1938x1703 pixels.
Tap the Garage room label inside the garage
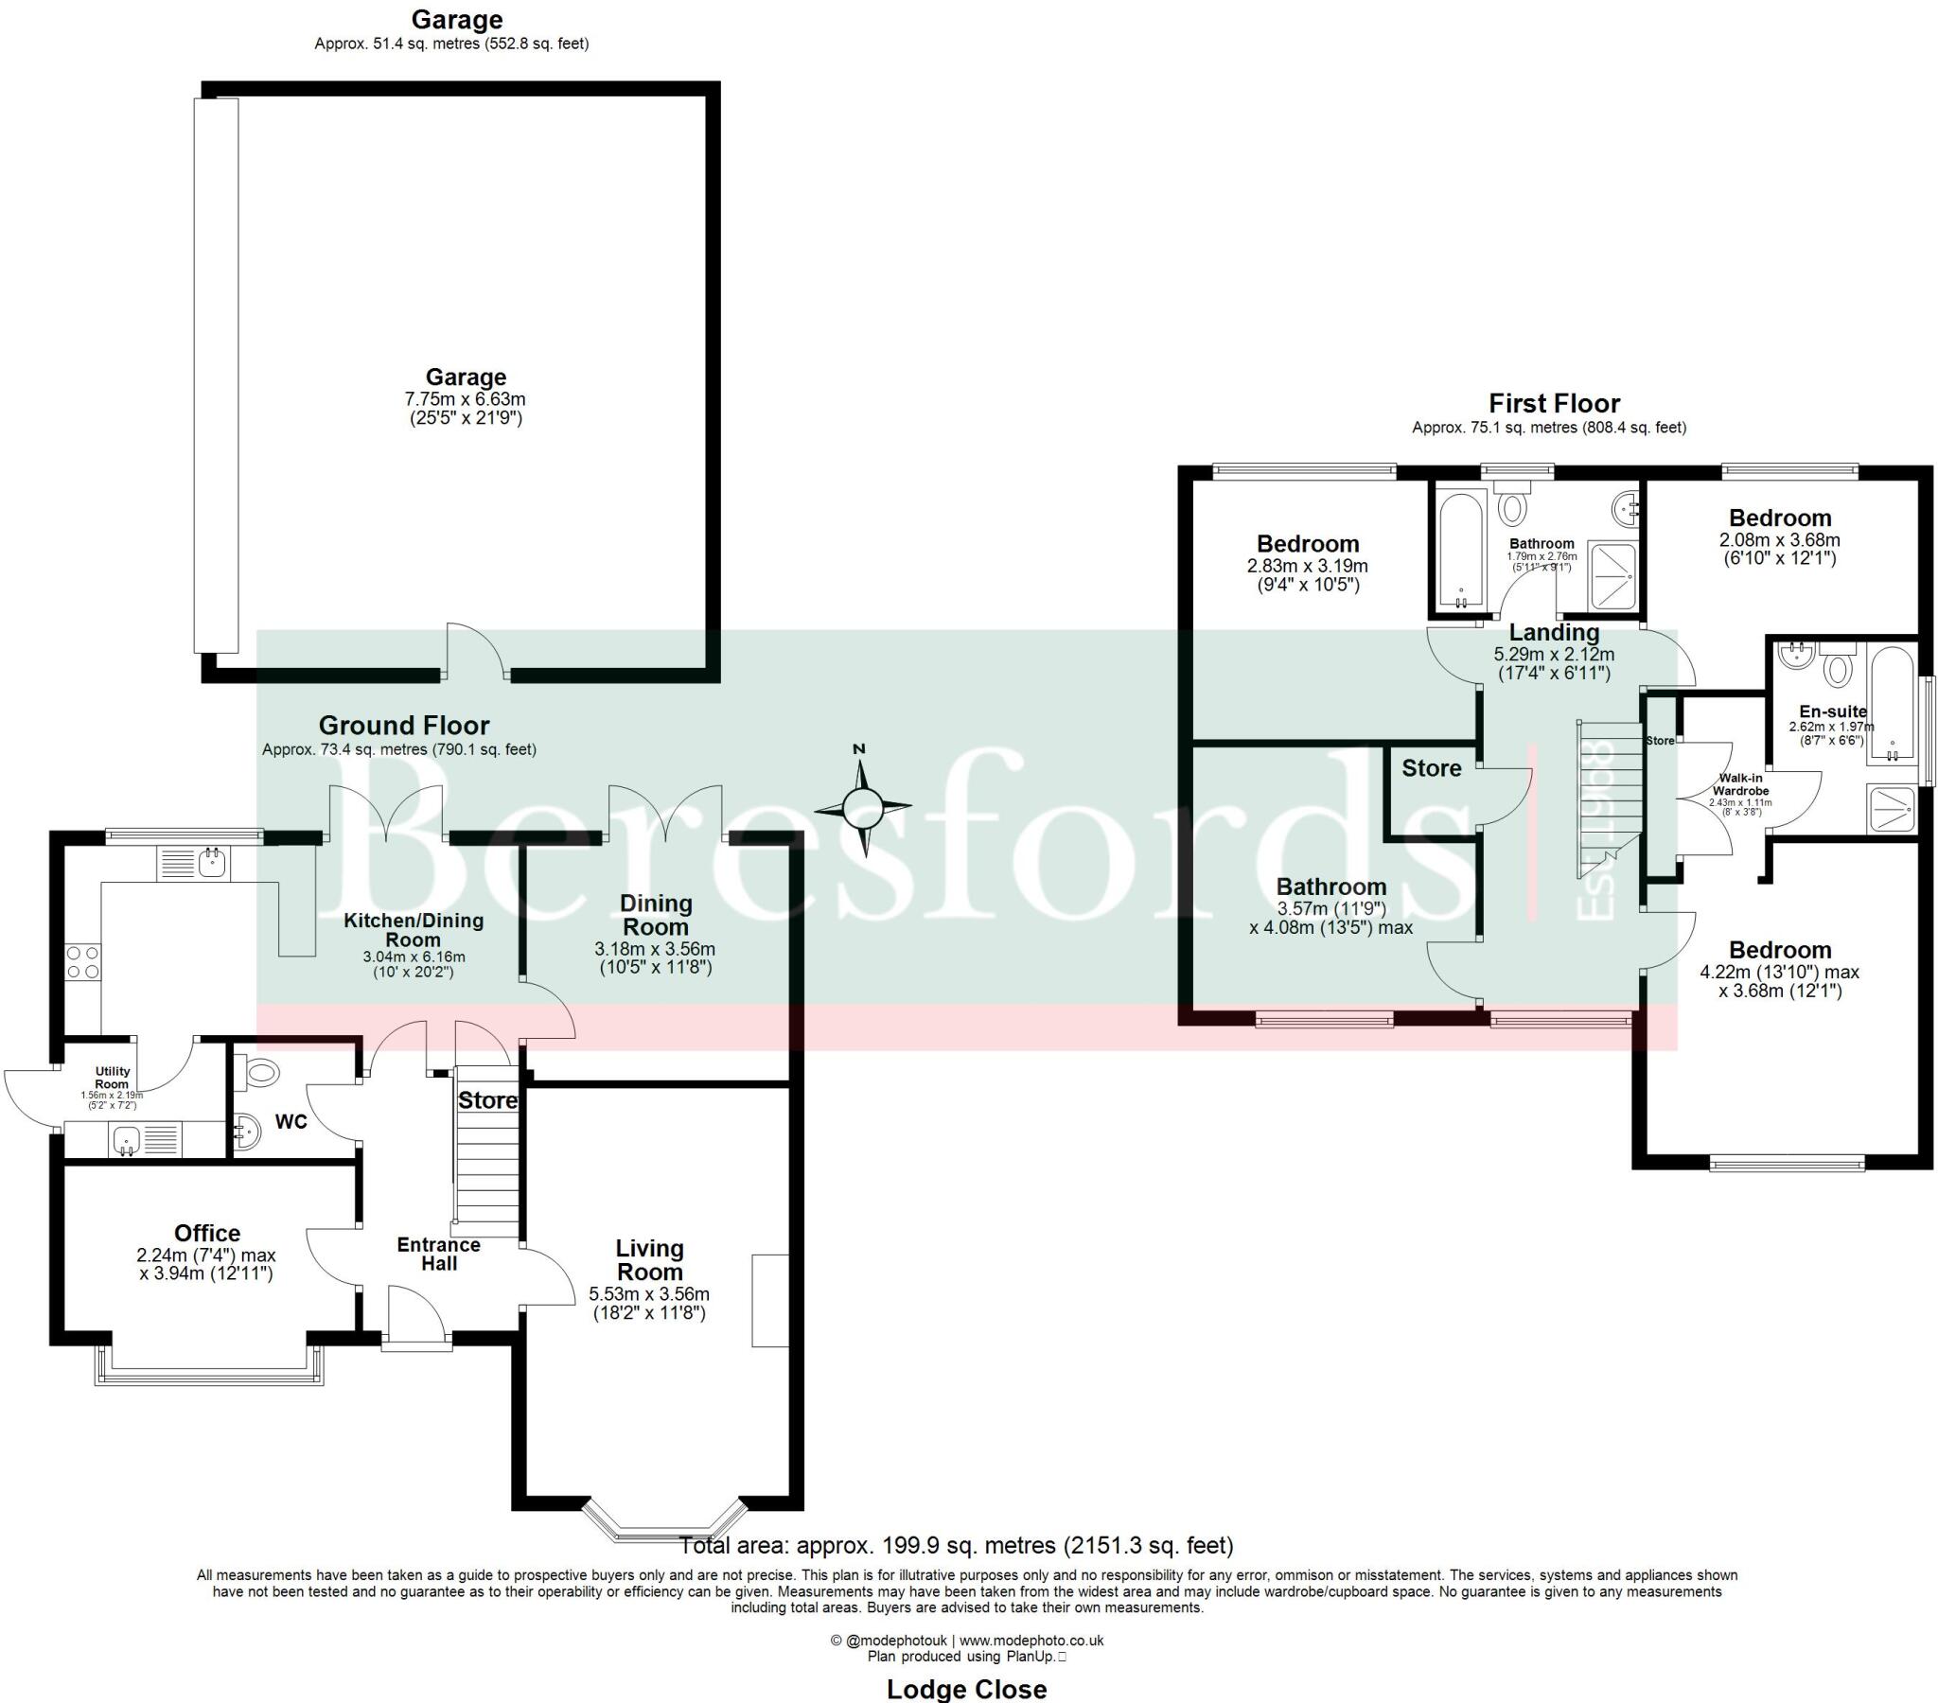click(465, 377)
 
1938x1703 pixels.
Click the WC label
click(291, 1122)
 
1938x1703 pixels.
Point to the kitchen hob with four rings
click(82, 962)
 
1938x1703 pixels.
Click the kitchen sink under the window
click(210, 863)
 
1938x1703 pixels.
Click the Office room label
click(206, 1233)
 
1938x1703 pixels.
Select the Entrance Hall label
click(438, 1254)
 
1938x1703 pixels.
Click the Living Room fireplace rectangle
click(770, 1300)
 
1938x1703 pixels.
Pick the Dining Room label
click(655, 915)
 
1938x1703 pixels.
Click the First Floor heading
click(1554, 403)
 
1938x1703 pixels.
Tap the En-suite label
click(1833, 711)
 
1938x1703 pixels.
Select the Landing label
click(1554, 632)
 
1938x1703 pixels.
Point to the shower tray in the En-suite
click(1892, 809)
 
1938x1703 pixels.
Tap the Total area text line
click(957, 1546)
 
